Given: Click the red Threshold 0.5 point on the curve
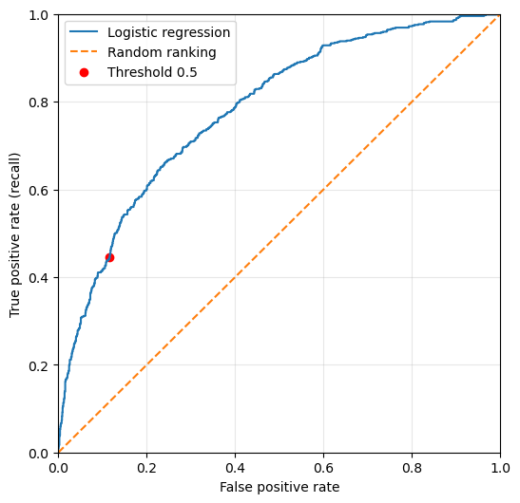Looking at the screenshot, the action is coord(109,257).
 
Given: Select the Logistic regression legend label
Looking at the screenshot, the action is coord(168,32).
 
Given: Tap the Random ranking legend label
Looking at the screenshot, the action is coord(162,52).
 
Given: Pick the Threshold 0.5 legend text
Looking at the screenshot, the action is coord(152,72).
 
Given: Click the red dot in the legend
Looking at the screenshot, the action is coord(85,72).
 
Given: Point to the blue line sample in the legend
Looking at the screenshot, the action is coord(84,31).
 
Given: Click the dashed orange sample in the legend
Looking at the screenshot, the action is coord(84,51).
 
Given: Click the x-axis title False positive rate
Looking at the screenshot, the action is coord(279,487).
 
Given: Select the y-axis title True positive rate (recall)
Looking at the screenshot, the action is coord(14,235).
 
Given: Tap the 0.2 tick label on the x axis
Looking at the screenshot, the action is coord(146,468).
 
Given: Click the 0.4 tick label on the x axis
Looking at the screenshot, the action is coord(235,468).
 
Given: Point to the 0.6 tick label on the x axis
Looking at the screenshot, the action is coord(323,468).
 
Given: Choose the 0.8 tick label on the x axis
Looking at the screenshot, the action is coord(412,468).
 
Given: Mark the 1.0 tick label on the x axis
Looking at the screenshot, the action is coord(500,468).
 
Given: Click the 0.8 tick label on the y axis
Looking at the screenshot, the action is coord(38,102).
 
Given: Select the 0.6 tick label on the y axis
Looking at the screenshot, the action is coord(38,191).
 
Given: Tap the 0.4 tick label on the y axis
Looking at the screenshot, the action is coord(38,278).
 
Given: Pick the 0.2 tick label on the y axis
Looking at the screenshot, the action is coord(38,365).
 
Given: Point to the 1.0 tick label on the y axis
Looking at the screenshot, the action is coord(38,15).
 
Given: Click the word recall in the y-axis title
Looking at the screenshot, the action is coord(14,173).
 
